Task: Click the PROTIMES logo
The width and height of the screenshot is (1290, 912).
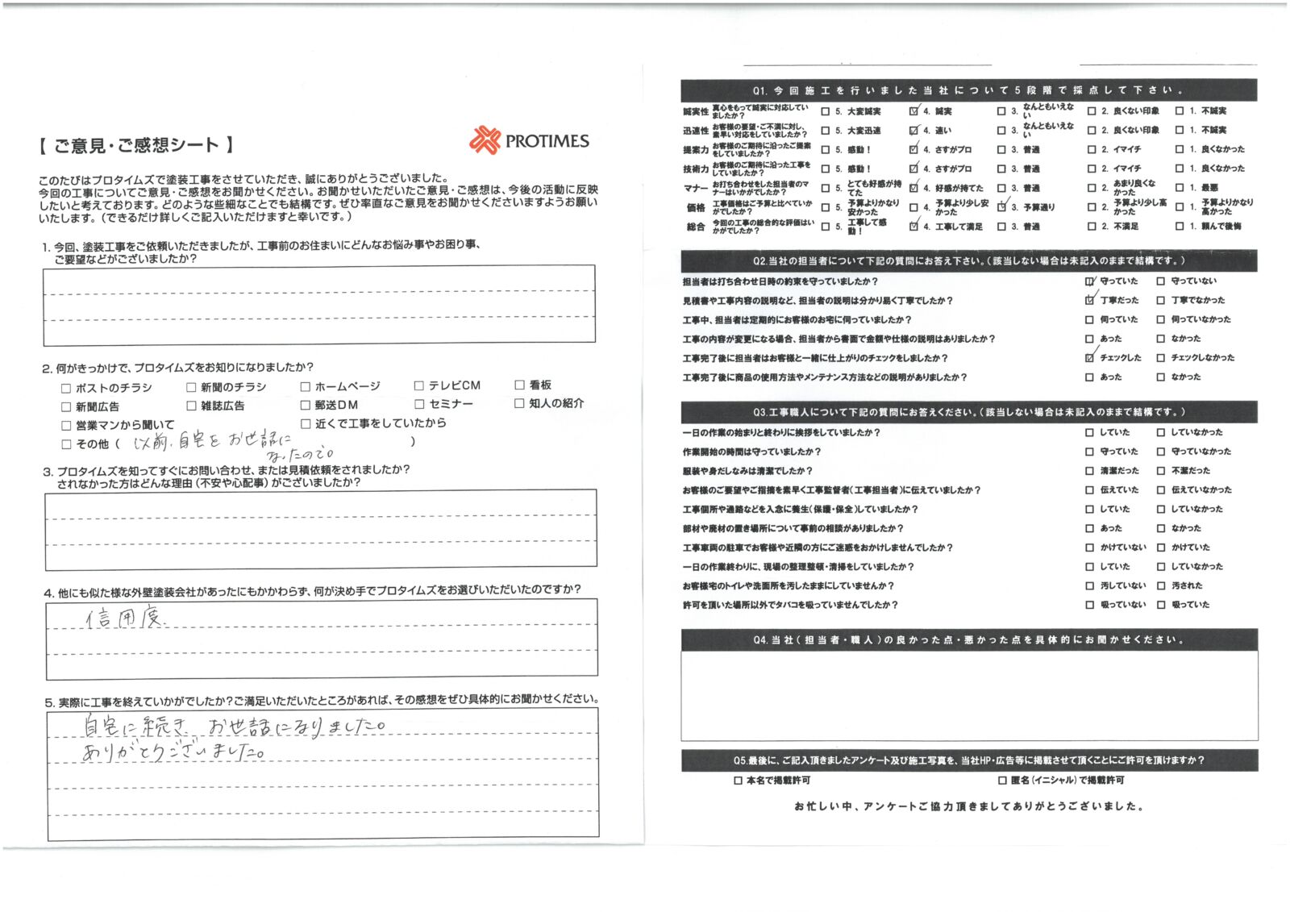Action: [529, 140]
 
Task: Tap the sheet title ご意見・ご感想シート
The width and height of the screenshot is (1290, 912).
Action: [136, 145]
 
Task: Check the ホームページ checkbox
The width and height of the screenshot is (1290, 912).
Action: [306, 387]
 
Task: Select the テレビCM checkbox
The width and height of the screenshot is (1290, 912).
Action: [419, 385]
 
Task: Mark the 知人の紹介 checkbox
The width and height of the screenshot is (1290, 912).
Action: [519, 403]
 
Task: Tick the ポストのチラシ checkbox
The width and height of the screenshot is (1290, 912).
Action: [66, 388]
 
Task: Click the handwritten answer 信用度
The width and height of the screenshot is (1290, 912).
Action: [125, 618]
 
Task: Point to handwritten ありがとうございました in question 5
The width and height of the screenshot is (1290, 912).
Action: [173, 752]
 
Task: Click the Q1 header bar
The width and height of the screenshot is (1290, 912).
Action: [968, 90]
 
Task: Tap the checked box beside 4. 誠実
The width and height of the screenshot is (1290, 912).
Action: [913, 111]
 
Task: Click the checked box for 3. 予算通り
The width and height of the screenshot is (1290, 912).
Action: [1001, 207]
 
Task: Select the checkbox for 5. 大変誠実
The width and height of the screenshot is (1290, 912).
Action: [826, 111]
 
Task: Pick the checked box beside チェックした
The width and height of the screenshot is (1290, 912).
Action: [1090, 357]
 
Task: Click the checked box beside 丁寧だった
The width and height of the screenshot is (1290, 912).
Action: [1090, 300]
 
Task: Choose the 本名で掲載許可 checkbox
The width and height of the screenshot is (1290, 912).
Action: [739, 781]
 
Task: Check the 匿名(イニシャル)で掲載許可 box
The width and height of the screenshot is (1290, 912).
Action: [1002, 781]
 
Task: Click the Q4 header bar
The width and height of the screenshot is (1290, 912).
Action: [968, 639]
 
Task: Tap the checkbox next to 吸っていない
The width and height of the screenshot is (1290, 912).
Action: [1090, 605]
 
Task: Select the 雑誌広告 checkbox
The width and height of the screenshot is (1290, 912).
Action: [191, 406]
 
